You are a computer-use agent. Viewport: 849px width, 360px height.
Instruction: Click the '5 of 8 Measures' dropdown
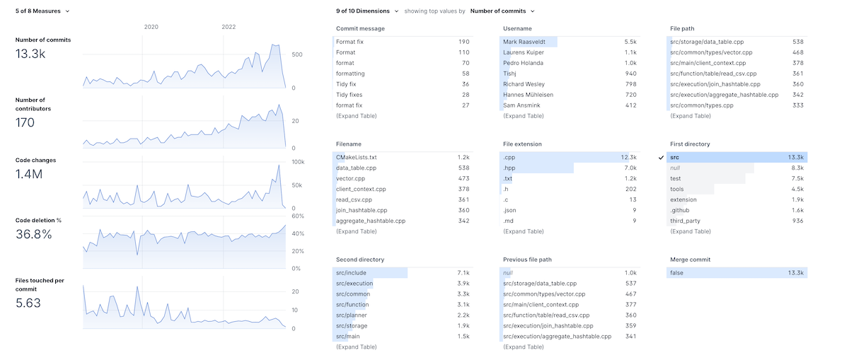[42, 11]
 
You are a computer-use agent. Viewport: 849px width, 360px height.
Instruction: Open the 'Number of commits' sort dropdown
[502, 11]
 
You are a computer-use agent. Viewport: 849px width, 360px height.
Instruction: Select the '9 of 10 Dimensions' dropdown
[367, 11]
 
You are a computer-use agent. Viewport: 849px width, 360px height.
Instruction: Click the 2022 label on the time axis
[229, 27]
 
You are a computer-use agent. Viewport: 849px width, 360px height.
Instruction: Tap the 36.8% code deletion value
[33, 234]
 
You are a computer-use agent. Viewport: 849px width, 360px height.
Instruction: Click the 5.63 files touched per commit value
[28, 303]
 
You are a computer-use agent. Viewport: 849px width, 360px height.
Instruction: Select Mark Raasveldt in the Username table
[528, 42]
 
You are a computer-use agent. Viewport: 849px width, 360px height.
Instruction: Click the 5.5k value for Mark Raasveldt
[630, 42]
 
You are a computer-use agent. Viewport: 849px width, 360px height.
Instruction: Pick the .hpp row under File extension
[510, 168]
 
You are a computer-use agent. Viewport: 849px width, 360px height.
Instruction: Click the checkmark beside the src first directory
[661, 158]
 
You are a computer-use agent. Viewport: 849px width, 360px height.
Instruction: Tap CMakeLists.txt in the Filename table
[357, 158]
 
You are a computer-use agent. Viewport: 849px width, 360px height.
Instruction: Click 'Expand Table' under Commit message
[356, 116]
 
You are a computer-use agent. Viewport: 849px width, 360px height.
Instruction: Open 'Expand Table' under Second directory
[356, 347]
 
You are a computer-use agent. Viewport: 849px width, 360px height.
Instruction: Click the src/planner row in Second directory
[352, 315]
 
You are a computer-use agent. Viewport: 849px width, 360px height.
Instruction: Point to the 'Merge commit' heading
[690, 260]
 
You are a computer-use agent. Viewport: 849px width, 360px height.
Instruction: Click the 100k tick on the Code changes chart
[298, 163]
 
